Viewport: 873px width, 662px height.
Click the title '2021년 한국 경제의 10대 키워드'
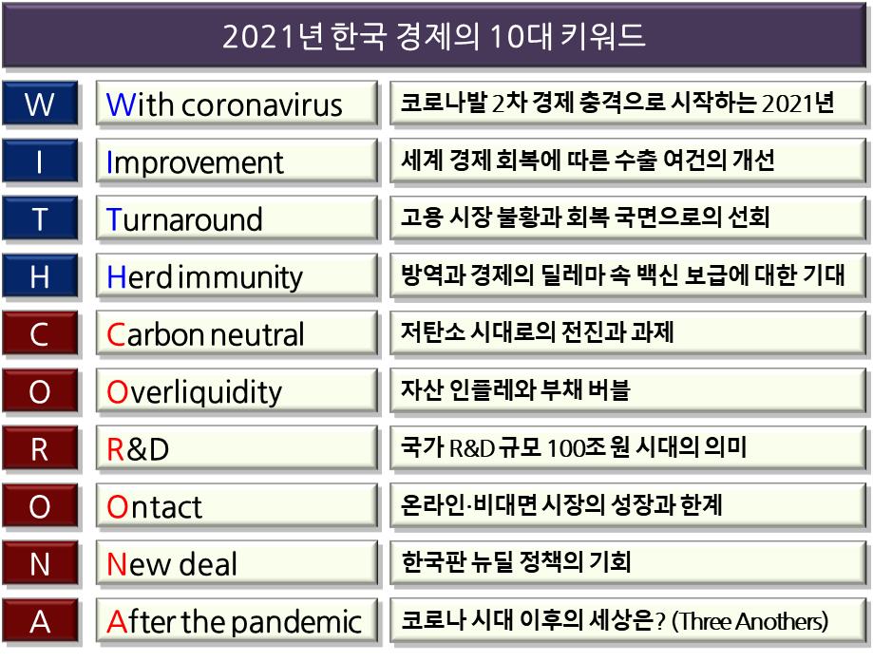click(x=434, y=36)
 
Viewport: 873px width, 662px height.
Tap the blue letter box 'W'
click(x=40, y=104)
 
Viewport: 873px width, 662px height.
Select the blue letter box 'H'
click(x=40, y=276)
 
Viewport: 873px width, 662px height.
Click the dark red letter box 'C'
click(x=40, y=334)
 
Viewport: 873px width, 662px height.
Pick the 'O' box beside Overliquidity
click(x=40, y=391)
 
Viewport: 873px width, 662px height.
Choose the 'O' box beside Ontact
click(x=40, y=506)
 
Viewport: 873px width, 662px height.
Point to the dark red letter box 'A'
click(x=40, y=621)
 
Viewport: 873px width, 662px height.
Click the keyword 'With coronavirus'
click(x=224, y=104)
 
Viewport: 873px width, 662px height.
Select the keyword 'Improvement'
click(x=195, y=162)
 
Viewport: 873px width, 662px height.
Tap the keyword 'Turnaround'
click(x=184, y=219)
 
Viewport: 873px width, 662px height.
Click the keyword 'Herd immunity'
click(x=204, y=277)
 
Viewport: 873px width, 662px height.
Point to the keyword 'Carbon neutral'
click(x=205, y=334)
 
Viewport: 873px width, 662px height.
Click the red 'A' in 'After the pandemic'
click(x=117, y=622)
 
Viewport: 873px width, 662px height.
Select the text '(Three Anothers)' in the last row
click(x=750, y=621)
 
